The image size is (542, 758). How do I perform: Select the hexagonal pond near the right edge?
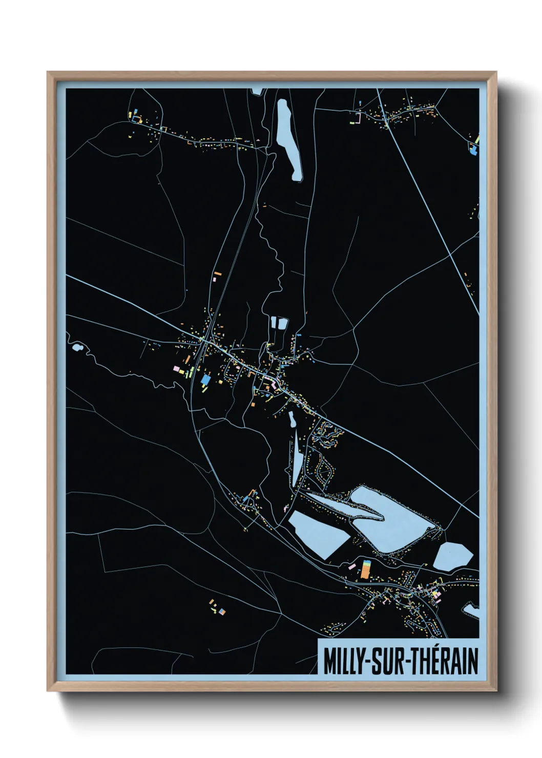pos(453,555)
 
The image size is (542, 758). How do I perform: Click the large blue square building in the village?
pos(206,380)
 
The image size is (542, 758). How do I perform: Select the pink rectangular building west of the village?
pos(177,369)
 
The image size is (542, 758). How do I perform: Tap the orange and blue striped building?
pos(366,568)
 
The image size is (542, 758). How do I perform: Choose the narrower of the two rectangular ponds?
pos(274,323)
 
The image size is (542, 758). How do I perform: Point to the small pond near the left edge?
pos(77,348)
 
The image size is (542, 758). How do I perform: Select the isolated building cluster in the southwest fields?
pos(217,608)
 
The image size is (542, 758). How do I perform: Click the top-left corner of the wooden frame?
pos(49,73)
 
